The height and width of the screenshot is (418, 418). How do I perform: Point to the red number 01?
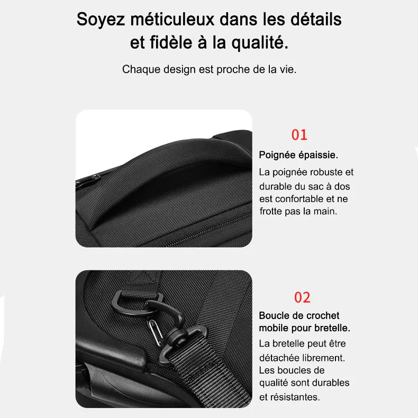299,135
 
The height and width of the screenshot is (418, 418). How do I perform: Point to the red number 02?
302,297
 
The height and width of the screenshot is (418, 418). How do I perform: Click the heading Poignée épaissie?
298,155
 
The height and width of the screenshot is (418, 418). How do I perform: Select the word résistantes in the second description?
296,397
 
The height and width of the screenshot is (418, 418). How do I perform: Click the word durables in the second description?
331,383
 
